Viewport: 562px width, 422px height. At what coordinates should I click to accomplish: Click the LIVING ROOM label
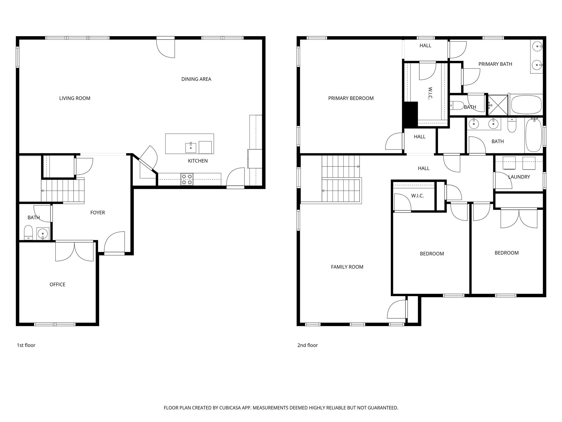75,98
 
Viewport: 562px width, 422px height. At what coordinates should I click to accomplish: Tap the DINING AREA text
196,79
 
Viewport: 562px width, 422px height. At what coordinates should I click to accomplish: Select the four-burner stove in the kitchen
187,179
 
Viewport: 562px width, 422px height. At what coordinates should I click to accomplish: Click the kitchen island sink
191,147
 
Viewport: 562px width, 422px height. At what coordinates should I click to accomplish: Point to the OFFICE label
57,284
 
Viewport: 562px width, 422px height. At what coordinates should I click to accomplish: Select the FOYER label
97,212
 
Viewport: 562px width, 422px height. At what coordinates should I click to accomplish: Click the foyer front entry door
115,243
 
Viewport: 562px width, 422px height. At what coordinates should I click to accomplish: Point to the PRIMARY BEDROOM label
351,98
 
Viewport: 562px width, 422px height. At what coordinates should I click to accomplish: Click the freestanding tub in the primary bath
526,105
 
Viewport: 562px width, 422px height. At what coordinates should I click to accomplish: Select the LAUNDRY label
519,177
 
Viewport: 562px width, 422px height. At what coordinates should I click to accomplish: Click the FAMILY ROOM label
347,267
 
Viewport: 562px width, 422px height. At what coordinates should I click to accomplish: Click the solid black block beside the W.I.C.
410,114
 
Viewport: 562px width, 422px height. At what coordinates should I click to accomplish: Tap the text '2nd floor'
307,345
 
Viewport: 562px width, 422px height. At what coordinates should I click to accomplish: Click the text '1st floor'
26,345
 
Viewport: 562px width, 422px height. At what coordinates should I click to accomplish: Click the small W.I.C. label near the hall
417,196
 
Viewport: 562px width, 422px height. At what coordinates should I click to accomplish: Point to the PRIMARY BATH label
495,64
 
